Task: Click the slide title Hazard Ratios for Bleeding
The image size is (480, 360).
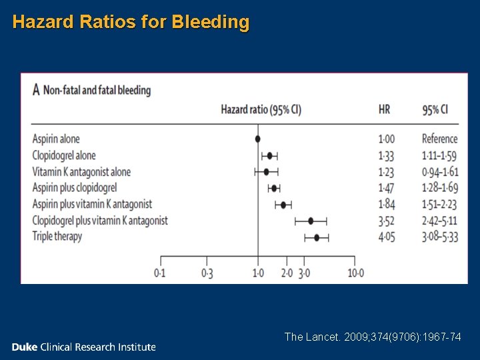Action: [x=131, y=22]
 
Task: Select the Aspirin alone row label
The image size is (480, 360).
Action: [x=56, y=139]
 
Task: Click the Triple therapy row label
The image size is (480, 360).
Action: [x=57, y=237]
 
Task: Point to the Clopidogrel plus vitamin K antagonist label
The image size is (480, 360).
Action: [x=100, y=221]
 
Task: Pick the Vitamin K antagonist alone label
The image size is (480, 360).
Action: [x=81, y=172]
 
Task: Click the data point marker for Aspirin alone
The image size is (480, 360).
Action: [x=258, y=139]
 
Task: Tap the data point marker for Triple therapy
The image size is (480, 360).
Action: [x=317, y=237]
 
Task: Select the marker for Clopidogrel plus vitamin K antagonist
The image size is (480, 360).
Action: [x=311, y=221]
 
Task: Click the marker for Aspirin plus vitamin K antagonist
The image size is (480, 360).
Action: [x=283, y=205]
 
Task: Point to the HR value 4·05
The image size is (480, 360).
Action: [x=387, y=237]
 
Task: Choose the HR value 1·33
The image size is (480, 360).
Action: [x=387, y=155]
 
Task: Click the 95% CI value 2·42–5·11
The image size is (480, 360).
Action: [x=440, y=221]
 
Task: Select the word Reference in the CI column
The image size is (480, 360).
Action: [x=440, y=139]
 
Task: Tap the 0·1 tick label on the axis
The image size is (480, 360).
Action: [x=160, y=273]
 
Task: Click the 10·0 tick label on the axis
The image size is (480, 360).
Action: [x=355, y=273]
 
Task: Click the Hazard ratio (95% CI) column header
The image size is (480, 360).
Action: [x=261, y=110]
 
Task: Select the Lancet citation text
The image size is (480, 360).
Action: [x=372, y=337]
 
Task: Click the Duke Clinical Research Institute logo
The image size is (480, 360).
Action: [x=83, y=347]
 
